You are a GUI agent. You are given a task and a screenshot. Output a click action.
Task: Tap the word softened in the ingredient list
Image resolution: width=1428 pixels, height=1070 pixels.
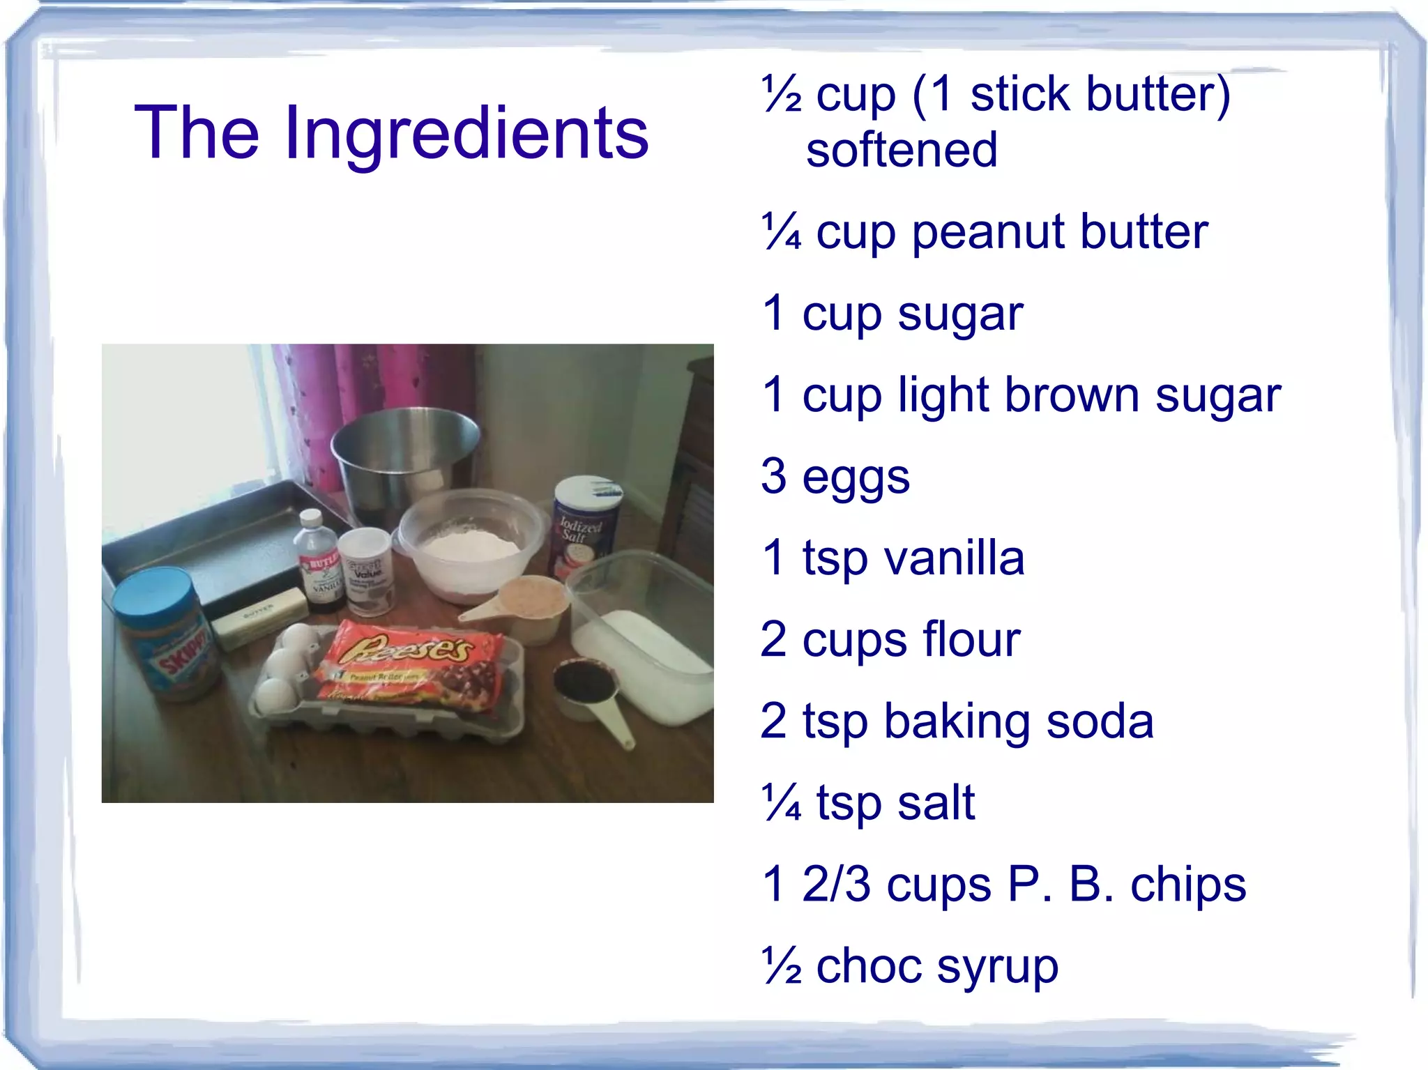pos(902,150)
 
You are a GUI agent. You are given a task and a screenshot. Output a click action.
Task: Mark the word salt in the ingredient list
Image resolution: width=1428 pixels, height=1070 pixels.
pos(936,802)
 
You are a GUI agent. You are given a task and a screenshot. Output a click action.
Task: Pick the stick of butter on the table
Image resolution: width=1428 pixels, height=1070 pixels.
pos(258,616)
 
